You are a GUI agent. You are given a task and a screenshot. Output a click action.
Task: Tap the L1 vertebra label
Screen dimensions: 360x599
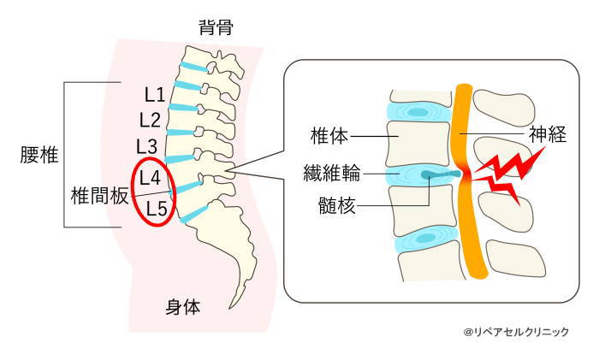point(154,91)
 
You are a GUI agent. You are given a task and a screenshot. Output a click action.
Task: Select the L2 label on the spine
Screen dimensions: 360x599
point(150,118)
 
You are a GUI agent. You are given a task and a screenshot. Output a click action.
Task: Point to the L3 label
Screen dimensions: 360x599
point(147,145)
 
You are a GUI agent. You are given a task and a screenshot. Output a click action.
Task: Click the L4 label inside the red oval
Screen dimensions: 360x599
point(151,178)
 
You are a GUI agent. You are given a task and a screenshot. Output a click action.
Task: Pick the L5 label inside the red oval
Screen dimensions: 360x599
point(156,207)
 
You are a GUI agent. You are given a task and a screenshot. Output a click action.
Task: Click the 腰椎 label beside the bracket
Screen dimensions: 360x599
point(39,155)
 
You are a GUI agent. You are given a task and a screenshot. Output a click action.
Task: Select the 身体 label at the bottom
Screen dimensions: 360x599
point(182,307)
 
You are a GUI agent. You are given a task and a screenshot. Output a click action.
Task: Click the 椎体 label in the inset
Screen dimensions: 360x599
point(329,134)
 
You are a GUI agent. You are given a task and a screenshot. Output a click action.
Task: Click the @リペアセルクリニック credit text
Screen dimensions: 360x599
point(516,332)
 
